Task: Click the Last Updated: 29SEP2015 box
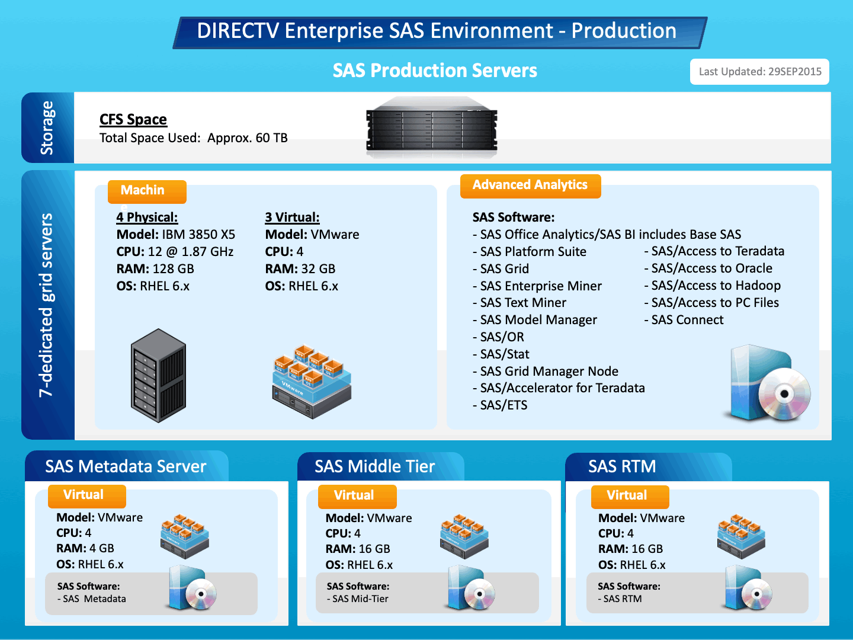[759, 72]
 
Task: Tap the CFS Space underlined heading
[133, 120]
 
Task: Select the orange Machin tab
[146, 191]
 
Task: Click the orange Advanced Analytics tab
[530, 185]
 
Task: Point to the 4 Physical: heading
[147, 217]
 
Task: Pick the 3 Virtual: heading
[292, 217]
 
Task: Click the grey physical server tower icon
[158, 376]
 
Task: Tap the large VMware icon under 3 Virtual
[312, 381]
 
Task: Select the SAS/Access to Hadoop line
[716, 286]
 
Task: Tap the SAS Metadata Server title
[126, 467]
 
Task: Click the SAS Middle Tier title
[374, 467]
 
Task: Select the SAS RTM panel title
[622, 467]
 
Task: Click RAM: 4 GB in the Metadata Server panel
[85, 549]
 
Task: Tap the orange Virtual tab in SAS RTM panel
[629, 496]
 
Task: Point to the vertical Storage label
[47, 127]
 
